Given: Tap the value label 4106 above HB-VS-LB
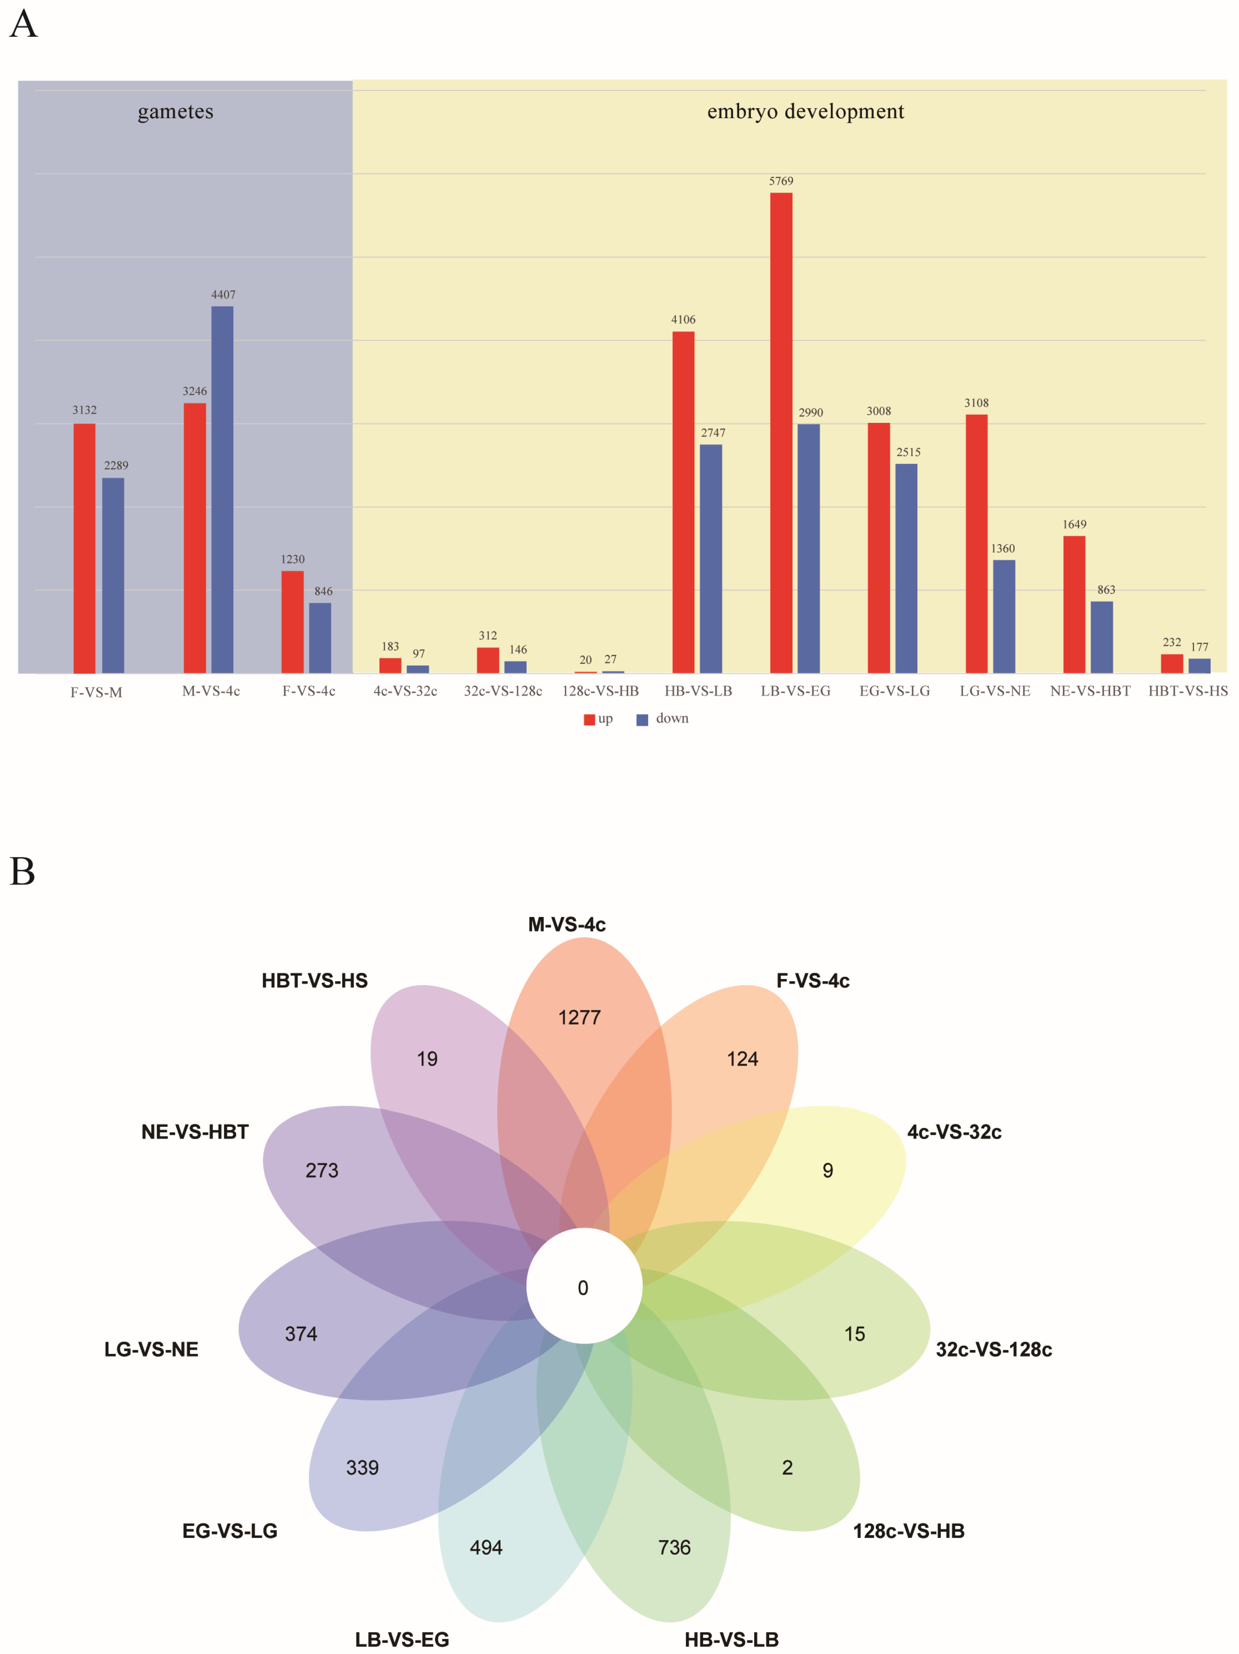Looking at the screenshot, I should (682, 319).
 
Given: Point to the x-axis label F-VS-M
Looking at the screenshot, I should (96, 693).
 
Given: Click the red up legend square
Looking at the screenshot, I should (589, 719).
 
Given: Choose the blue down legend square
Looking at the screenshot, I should (642, 719).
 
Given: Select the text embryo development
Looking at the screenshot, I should (805, 111).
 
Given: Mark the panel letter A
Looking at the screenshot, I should (23, 25).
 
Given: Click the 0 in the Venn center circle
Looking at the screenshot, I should (583, 1287).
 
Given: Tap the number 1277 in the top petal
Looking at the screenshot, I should (580, 1018).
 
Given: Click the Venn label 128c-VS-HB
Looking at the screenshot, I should (908, 1530).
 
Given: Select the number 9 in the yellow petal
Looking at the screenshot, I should (828, 1170).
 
